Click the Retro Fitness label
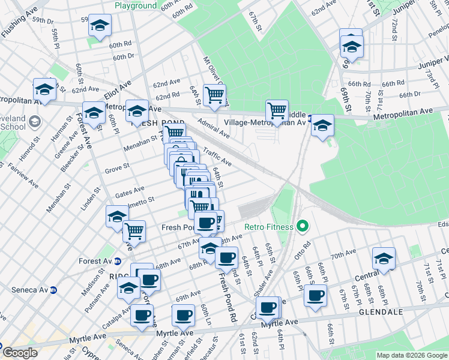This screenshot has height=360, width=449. click(268, 227)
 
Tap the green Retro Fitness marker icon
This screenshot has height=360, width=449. click(302, 227)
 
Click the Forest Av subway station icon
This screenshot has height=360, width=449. click(118, 261)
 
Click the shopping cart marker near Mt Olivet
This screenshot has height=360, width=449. click(214, 94)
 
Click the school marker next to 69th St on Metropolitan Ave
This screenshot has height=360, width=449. click(322, 125)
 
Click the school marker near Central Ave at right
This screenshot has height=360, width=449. click(383, 258)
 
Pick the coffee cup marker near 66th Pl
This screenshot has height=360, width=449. click(315, 295)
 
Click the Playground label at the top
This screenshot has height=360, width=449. click(136, 5)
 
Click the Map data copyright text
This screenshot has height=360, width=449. click(412, 355)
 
